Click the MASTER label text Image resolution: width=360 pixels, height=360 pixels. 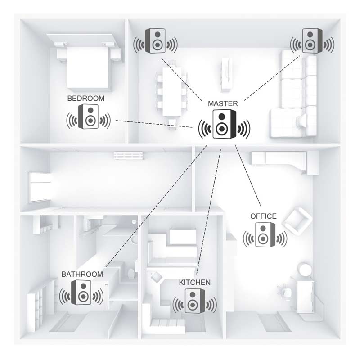pos(223,103)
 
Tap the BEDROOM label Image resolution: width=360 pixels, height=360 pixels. pos(86,98)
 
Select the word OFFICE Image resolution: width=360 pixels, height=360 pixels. pos(263,216)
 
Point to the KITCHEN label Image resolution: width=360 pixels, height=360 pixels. pos(195,282)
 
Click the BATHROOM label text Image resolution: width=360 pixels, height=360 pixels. pos(82,274)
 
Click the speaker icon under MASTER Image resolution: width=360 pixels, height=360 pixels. pos(224,124)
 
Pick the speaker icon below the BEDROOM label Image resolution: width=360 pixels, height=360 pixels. pos(88,117)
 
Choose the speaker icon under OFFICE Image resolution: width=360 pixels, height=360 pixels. pos(265,234)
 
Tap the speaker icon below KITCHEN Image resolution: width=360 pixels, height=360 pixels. pos(195,301)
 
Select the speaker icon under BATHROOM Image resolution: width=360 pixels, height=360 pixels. pos(81,292)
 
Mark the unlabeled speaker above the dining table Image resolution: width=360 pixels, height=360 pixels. pos(155,41)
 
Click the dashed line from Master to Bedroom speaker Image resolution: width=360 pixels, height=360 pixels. pos(154,124)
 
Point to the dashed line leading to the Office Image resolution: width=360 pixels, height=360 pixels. pos(248,175)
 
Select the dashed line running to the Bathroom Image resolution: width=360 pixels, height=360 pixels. pos(156,206)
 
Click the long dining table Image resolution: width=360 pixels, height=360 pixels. pos(171,91)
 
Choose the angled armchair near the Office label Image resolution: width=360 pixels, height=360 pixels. pos(297,221)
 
